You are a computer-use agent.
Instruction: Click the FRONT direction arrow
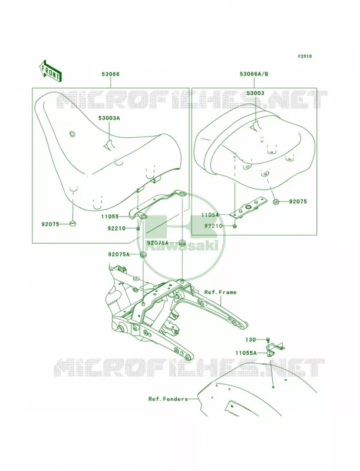[51, 71]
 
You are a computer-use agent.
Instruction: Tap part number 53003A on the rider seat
[109, 118]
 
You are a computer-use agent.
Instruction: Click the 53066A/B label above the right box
[254, 74]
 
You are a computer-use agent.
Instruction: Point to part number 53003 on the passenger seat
[256, 93]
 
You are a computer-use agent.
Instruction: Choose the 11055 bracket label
[110, 216]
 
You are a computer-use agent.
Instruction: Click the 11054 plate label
[210, 215]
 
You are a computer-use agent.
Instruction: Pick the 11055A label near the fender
[246, 353]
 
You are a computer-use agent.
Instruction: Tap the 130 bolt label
[251, 340]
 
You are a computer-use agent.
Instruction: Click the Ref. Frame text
[220, 292]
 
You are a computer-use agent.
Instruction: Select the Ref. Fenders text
[168, 399]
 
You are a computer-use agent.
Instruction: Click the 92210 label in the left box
[116, 228]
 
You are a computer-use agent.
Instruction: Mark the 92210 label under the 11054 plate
[213, 225]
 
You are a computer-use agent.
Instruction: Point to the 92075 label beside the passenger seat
[298, 201]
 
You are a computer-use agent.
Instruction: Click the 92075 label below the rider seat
[51, 224]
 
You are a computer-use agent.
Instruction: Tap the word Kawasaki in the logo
[182, 246]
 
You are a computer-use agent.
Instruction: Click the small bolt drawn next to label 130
[267, 340]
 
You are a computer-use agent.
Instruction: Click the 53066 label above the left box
[110, 74]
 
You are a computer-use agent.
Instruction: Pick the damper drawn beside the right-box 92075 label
[276, 201]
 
